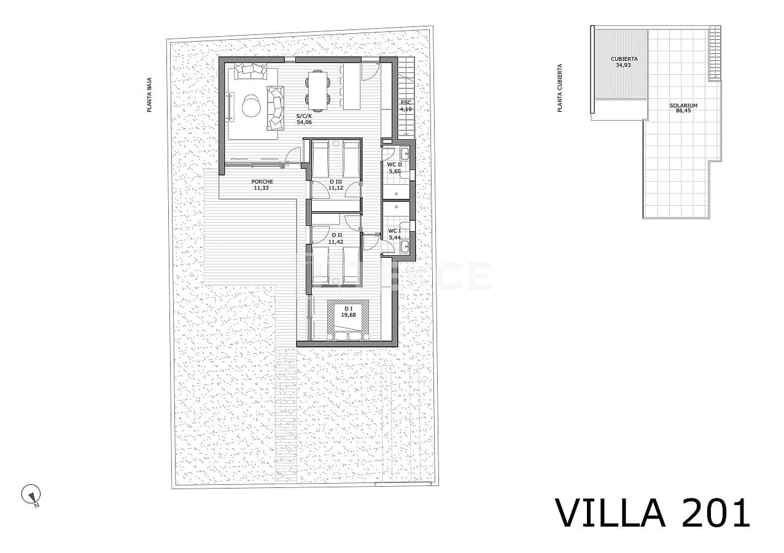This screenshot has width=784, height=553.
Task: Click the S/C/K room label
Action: click(303, 115)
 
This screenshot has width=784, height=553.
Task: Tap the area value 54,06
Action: click(304, 122)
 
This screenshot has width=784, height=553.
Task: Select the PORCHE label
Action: click(262, 182)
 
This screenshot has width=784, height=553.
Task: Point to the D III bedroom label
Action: click(335, 182)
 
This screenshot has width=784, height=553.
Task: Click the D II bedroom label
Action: click(336, 235)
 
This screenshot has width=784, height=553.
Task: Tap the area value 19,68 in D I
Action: click(348, 315)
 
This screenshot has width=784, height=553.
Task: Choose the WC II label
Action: click(394, 164)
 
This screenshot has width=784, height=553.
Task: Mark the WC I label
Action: click(394, 231)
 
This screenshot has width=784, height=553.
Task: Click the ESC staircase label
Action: click(406, 102)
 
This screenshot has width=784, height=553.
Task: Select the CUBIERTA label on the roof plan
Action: click(624, 59)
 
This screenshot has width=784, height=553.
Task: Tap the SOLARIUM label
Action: click(683, 106)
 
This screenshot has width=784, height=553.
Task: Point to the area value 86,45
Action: click(683, 111)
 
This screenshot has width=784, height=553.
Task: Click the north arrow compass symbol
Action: click(31, 495)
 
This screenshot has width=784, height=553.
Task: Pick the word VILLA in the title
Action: click(610, 512)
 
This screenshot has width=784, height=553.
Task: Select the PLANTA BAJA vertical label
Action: click(149, 95)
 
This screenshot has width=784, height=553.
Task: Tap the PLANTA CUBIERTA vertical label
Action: click(559, 88)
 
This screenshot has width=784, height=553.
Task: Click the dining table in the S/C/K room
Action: click(317, 88)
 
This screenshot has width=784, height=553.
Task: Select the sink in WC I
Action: click(405, 247)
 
